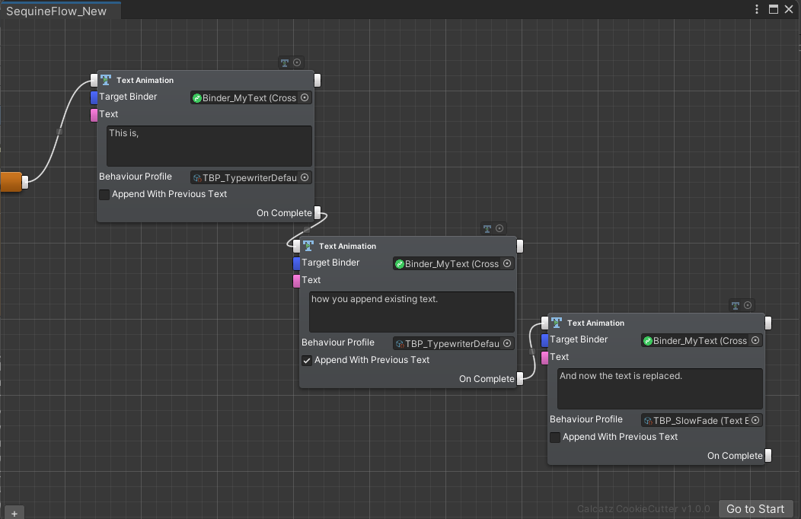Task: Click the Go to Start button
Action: (755, 509)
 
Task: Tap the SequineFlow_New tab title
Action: (56, 11)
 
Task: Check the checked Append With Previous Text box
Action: (307, 361)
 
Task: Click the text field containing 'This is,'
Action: (209, 145)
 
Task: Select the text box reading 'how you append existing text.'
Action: (411, 311)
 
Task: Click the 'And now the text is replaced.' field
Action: (659, 388)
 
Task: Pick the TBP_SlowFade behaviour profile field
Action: (701, 420)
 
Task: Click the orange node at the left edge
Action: (11, 182)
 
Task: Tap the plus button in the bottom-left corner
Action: (14, 513)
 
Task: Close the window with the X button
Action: (788, 9)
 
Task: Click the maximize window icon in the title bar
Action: (773, 9)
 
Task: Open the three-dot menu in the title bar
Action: (757, 9)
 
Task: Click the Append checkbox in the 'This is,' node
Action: (104, 195)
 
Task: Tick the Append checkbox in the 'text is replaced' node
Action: (555, 438)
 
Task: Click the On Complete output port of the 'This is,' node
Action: (318, 213)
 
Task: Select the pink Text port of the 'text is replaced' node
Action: (544, 358)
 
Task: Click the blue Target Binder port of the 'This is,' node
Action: (94, 97)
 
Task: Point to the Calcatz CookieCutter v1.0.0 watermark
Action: (643, 509)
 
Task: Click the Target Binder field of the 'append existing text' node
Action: (454, 264)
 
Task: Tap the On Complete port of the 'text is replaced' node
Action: (768, 456)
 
